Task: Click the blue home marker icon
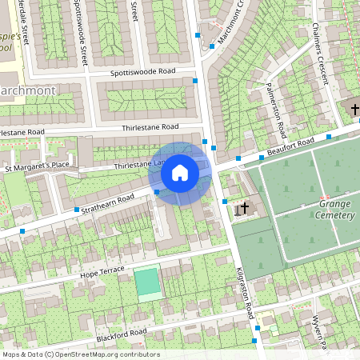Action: pyautogui.click(x=180, y=173)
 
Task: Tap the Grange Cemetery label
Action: pyautogui.click(x=330, y=210)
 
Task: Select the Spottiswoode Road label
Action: pyautogui.click(x=143, y=72)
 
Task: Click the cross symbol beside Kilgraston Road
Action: pyautogui.click(x=245, y=209)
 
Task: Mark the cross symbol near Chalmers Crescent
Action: pyautogui.click(x=354, y=108)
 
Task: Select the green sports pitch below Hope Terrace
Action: pyautogui.click(x=146, y=282)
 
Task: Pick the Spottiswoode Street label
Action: pyautogui.click(x=82, y=32)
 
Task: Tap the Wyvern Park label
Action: pyautogui.click(x=319, y=332)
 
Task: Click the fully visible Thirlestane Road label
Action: pyautogui.click(x=150, y=127)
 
